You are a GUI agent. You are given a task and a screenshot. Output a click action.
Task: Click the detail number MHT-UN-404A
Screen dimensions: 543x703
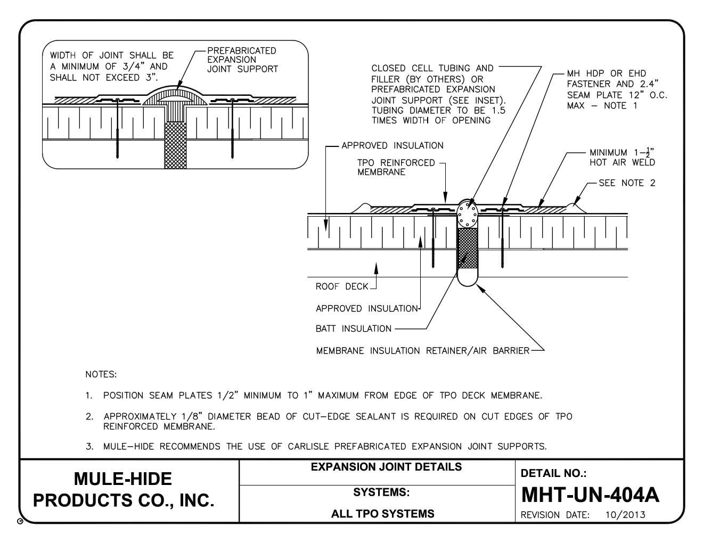pos(590,495)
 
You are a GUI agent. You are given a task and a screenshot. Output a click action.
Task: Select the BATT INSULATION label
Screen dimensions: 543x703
pos(353,328)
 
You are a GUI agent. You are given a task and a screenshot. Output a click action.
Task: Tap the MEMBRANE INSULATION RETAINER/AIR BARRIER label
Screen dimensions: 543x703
pos(422,351)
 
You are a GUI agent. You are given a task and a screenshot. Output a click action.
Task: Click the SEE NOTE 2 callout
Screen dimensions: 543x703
pos(627,183)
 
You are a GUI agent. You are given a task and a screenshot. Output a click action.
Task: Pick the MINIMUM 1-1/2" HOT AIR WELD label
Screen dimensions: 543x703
pos(622,158)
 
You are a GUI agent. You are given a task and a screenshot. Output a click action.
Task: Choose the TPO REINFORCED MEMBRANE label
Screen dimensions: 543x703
pos(389,167)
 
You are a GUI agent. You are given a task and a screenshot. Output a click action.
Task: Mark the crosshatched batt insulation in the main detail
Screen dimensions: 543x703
pos(468,248)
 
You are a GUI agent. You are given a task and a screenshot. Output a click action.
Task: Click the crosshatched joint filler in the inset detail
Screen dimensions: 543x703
pos(175,145)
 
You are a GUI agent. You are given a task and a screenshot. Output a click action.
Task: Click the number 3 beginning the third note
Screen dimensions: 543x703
pos(88,446)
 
